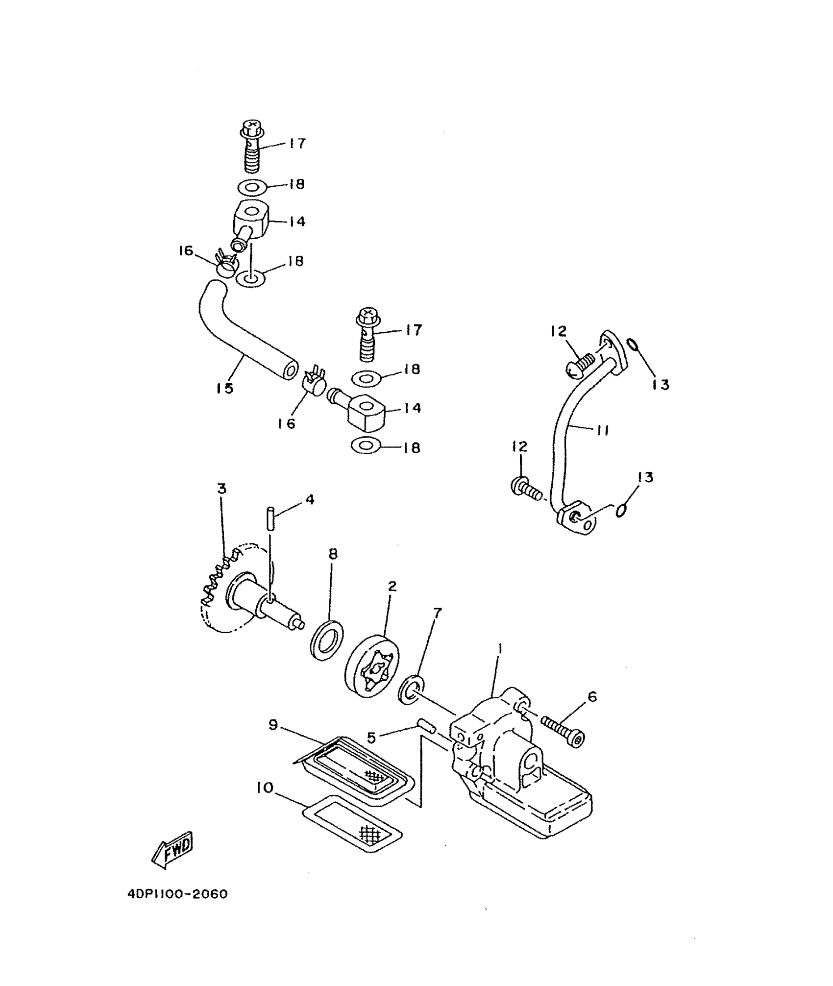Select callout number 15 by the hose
click(224, 388)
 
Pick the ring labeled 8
click(327, 640)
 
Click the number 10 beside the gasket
click(264, 788)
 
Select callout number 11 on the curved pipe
click(602, 430)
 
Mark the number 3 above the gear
click(222, 489)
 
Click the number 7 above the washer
click(437, 612)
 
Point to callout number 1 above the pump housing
click(499, 649)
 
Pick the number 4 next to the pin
click(309, 500)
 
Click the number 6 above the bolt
click(592, 696)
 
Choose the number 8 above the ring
click(333, 554)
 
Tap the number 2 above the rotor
click(392, 586)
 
